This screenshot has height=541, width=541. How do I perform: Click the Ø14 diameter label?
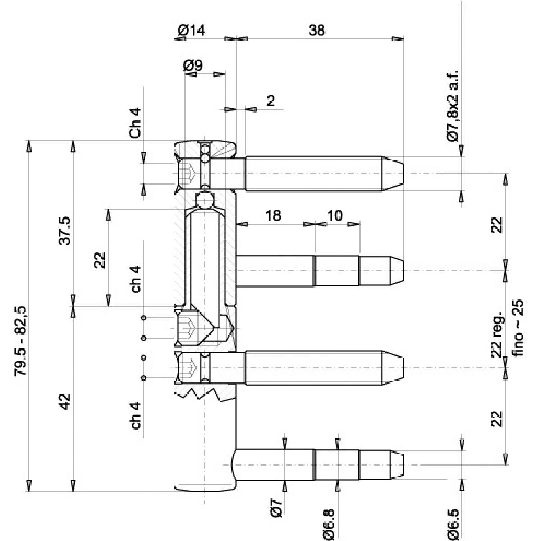pos(191,30)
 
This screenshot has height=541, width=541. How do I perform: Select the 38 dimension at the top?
pos(316,30)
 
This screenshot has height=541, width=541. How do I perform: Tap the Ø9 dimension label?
pos(193,65)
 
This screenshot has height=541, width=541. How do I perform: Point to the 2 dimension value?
pos(270,101)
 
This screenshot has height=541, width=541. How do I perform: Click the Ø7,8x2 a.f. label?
pos(453,107)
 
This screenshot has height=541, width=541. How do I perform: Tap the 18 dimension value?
pos(273,215)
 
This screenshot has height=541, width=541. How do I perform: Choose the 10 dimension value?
pos(334,215)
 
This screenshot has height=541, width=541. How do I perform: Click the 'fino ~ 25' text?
pos(519,328)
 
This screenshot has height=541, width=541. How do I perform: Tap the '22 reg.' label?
pos(496,334)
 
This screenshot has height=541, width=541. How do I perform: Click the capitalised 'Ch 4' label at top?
pos(135,123)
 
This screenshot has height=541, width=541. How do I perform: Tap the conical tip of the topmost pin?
pos(393,173)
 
